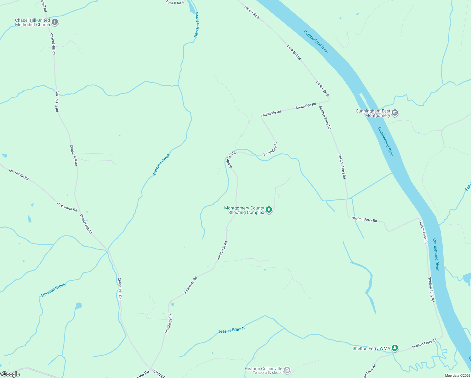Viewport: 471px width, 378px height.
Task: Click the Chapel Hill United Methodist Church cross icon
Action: coord(55,22)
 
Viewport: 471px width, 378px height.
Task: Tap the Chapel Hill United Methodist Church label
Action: coord(32,22)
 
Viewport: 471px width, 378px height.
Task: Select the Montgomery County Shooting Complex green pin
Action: coord(269,209)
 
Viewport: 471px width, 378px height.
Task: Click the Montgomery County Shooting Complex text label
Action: coord(244,210)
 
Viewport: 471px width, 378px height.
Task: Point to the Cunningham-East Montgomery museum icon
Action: coord(395,113)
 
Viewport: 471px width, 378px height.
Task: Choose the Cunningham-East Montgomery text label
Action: coord(373,113)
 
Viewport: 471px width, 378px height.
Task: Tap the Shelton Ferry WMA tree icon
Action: coord(395,348)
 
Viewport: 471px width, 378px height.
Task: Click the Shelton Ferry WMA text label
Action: coord(371,348)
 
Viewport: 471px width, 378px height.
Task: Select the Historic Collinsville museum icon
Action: coord(287,370)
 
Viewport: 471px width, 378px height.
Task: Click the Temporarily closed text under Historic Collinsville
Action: coord(267,373)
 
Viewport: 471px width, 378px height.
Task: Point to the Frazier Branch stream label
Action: coord(231,330)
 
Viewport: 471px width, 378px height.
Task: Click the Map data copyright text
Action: coord(457,375)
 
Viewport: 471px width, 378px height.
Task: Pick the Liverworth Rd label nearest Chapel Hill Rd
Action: coord(67,207)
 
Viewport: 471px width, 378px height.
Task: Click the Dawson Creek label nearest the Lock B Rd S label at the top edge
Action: coord(197,25)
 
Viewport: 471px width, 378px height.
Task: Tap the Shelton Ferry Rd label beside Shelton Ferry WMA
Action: coord(424,344)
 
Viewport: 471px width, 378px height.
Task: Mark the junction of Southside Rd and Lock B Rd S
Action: coord(329,101)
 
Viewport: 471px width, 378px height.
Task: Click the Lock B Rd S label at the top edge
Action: coord(175,3)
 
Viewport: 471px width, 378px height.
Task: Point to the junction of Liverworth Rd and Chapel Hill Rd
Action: coord(80,212)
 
